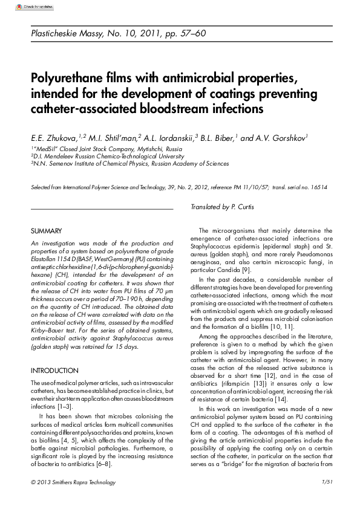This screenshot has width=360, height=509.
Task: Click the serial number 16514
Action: pyautogui.click(x=316, y=187)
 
